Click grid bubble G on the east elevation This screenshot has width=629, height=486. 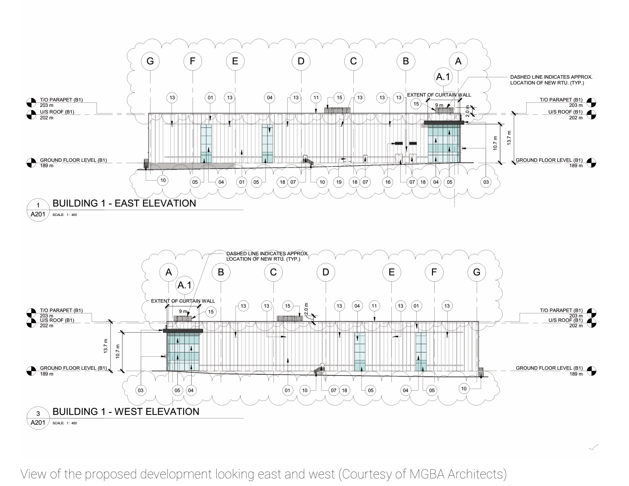point(150,61)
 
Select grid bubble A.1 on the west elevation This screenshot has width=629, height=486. point(184,285)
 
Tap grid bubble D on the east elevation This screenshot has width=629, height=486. point(301,61)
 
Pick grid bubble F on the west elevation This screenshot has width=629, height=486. point(434,272)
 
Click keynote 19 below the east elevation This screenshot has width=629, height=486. point(339,182)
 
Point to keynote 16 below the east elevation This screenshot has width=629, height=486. point(388,182)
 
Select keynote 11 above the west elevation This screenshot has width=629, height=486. point(374,306)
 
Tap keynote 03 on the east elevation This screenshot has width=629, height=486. point(486,182)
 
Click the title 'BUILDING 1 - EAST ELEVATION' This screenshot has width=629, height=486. point(124,203)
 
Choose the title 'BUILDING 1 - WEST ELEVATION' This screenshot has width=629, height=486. point(126,412)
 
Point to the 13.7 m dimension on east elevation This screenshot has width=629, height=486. point(509,137)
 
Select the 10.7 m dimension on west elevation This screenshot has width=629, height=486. point(118,351)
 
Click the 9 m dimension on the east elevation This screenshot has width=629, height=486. point(439,106)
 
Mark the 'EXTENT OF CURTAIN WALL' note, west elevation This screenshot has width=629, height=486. point(183,301)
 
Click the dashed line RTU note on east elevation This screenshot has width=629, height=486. point(551,80)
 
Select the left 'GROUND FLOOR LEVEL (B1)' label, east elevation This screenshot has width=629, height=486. point(73,160)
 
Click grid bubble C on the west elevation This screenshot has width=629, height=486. point(273,272)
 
